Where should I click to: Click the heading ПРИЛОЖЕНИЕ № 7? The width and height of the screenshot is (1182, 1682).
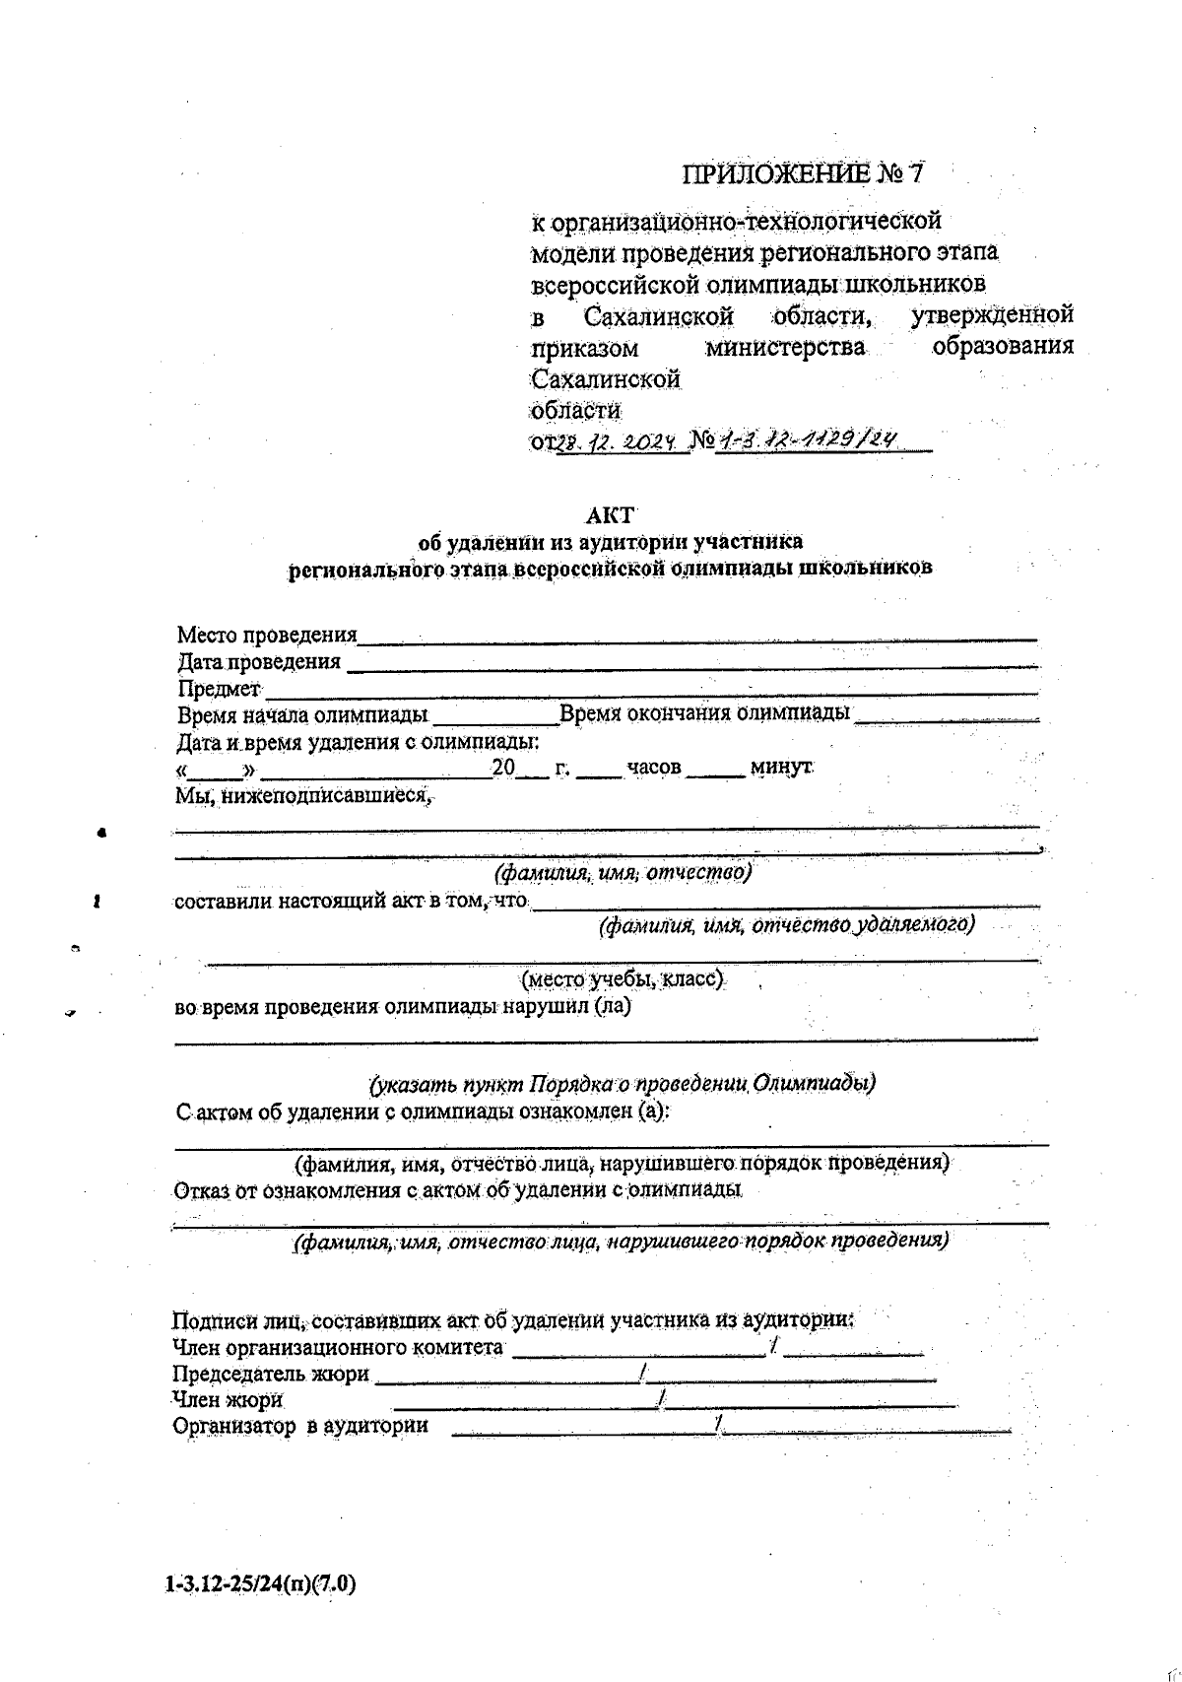[804, 174]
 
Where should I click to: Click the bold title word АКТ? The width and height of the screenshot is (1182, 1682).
[611, 515]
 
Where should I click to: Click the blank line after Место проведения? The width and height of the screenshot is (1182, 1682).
[696, 639]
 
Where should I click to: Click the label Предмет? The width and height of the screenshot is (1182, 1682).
[219, 688]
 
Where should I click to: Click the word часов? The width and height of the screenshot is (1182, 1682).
[653, 767]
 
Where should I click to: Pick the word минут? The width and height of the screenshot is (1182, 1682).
[780, 767]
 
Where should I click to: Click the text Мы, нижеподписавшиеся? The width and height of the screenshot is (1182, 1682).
[304, 794]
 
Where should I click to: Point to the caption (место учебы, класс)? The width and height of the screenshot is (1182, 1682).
[624, 979]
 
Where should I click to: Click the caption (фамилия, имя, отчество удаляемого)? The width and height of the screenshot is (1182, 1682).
[787, 924]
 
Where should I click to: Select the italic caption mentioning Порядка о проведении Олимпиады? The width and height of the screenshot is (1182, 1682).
[623, 1084]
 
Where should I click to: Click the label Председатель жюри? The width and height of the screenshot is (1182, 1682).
[271, 1374]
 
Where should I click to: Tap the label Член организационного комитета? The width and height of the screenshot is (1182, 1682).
[338, 1347]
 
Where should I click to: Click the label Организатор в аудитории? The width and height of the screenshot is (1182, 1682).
[300, 1425]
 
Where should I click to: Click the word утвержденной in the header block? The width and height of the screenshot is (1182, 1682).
[992, 315]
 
